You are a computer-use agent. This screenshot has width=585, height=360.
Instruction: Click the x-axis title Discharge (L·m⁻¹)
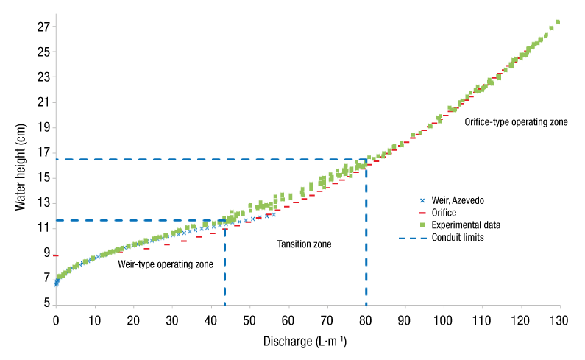305,342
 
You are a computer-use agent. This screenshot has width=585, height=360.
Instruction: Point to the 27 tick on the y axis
43,27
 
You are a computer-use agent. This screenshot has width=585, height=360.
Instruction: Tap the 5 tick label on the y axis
46,303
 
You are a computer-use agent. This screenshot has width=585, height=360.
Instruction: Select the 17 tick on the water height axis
43,152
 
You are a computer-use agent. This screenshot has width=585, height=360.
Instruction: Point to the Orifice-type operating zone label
516,122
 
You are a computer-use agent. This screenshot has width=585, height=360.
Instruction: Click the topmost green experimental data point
558,22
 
